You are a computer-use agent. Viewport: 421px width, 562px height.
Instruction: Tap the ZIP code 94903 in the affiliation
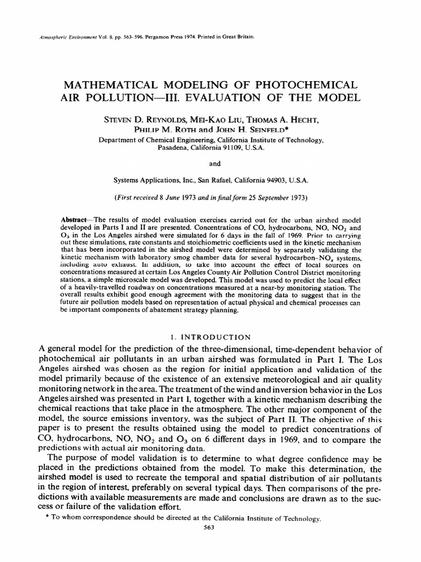(x=283, y=179)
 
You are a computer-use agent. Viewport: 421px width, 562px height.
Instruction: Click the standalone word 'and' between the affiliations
(x=210, y=163)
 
